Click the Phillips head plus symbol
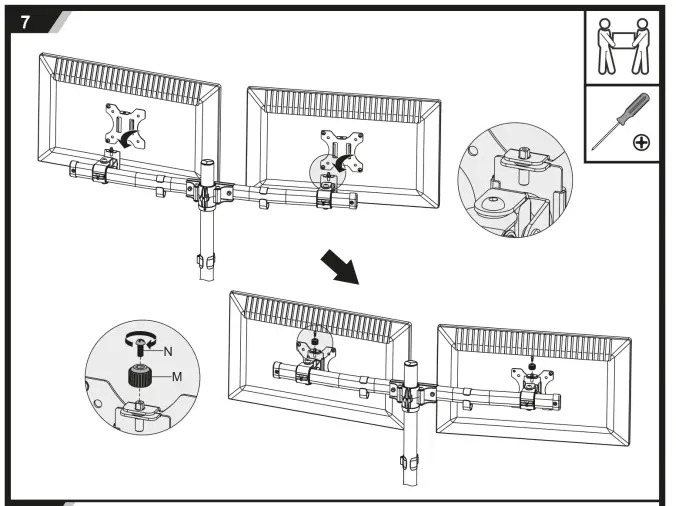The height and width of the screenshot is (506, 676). (640, 143)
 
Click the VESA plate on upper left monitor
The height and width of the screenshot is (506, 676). (126, 128)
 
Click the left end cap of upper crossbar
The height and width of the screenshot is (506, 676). (73, 170)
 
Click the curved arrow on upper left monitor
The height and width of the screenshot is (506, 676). (117, 143)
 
